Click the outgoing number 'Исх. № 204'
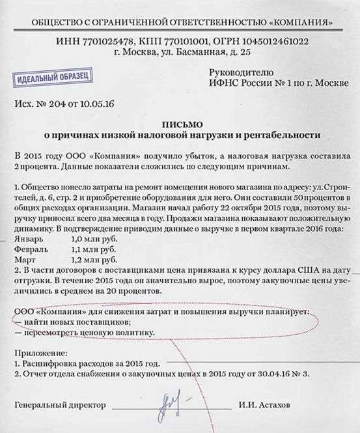38,104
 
